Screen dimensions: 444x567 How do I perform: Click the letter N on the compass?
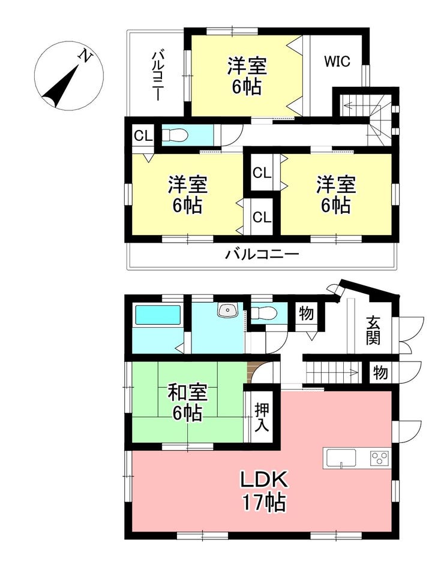pyautogui.click(x=85, y=56)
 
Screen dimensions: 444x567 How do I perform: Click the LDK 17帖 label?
pyautogui.click(x=264, y=491)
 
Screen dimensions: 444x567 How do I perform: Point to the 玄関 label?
pyautogui.click(x=373, y=330)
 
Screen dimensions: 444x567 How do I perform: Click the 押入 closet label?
pyautogui.click(x=261, y=417)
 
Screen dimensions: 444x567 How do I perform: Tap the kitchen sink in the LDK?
pyautogui.click(x=341, y=459)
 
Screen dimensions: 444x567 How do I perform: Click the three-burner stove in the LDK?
pyautogui.click(x=379, y=459)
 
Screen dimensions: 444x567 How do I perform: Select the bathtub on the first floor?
pyautogui.click(x=158, y=315)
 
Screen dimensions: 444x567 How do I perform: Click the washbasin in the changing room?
pyautogui.click(x=227, y=310)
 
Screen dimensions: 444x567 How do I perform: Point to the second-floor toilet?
pyautogui.click(x=175, y=136)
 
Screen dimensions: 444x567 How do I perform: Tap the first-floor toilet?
pyautogui.click(x=263, y=313)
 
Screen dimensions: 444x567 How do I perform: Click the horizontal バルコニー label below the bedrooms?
pyautogui.click(x=262, y=254)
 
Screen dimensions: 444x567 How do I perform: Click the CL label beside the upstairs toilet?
pyautogui.click(x=143, y=136)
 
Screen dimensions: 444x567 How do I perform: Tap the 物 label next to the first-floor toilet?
pyautogui.click(x=306, y=313)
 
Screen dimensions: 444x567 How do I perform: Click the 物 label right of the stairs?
pyautogui.click(x=380, y=372)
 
